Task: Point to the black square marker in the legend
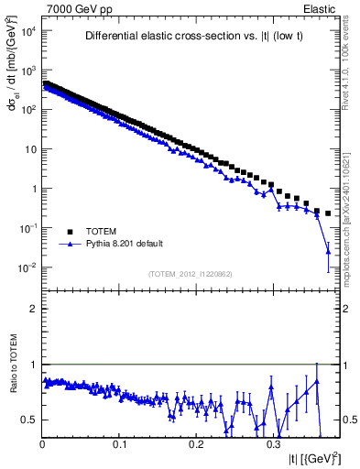point(71,232)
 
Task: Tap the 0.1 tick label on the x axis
point(119,444)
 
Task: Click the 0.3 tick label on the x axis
point(273,444)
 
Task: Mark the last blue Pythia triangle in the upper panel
point(328,251)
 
